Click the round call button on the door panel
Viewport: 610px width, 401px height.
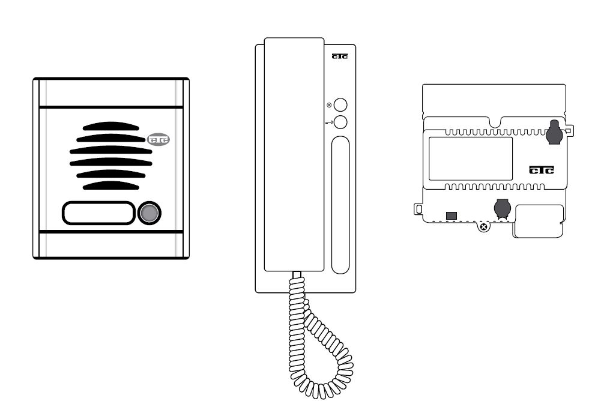click(x=149, y=213)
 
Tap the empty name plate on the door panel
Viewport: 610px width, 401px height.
click(x=98, y=213)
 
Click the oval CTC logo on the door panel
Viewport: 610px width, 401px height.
click(x=159, y=139)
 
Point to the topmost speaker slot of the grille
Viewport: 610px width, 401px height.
click(x=111, y=126)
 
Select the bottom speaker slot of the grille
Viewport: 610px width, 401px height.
click(x=111, y=185)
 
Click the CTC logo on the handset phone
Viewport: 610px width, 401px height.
click(x=340, y=56)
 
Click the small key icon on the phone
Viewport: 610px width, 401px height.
click(x=329, y=122)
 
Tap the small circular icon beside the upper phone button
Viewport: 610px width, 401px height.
click(x=329, y=105)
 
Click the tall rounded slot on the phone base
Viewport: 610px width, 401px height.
click(x=340, y=205)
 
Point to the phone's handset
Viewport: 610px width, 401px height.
click(x=294, y=154)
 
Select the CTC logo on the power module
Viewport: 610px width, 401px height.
click(x=542, y=170)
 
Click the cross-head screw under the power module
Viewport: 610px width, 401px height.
click(x=483, y=227)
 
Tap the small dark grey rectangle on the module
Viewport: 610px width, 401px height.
click(x=451, y=216)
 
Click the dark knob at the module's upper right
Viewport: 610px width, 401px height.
click(x=554, y=132)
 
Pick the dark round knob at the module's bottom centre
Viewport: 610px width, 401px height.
click(x=503, y=208)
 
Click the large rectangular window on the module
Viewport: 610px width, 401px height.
click(x=471, y=158)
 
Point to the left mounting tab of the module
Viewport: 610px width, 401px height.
click(x=418, y=210)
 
